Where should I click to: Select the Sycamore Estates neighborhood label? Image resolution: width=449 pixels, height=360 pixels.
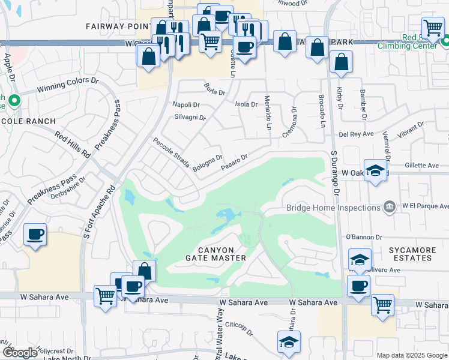[410, 254]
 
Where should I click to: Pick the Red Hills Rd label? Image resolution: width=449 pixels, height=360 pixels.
[72, 145]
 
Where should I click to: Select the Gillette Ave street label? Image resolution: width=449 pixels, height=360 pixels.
[422, 166]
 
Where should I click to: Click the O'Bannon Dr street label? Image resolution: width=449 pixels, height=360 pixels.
[364, 238]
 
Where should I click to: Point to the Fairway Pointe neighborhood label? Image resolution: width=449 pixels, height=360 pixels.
[118, 26]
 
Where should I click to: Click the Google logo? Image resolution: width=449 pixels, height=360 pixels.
[20, 353]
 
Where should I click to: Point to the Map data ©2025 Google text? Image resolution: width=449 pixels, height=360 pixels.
[411, 355]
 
